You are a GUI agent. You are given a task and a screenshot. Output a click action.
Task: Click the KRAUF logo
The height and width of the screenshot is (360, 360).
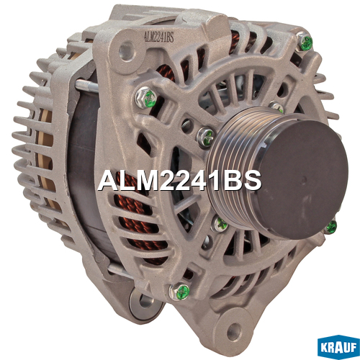tap(338, 347)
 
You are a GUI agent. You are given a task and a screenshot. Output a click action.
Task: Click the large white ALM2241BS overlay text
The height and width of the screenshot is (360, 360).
tap(179, 181)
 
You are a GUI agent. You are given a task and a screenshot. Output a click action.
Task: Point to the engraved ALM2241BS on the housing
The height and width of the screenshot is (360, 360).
tap(158, 37)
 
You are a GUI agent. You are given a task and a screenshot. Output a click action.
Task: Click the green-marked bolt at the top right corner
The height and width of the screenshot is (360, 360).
tap(305, 42)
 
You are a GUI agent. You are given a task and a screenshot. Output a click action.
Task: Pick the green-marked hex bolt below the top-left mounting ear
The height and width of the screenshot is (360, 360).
tap(146, 98)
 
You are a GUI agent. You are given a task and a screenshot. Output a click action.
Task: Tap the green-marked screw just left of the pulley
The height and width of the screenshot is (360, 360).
tap(205, 137)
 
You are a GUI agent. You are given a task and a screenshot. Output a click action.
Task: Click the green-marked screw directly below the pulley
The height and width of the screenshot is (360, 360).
tap(220, 224)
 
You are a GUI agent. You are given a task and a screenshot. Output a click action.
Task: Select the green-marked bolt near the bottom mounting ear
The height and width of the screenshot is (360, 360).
tap(180, 292)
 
